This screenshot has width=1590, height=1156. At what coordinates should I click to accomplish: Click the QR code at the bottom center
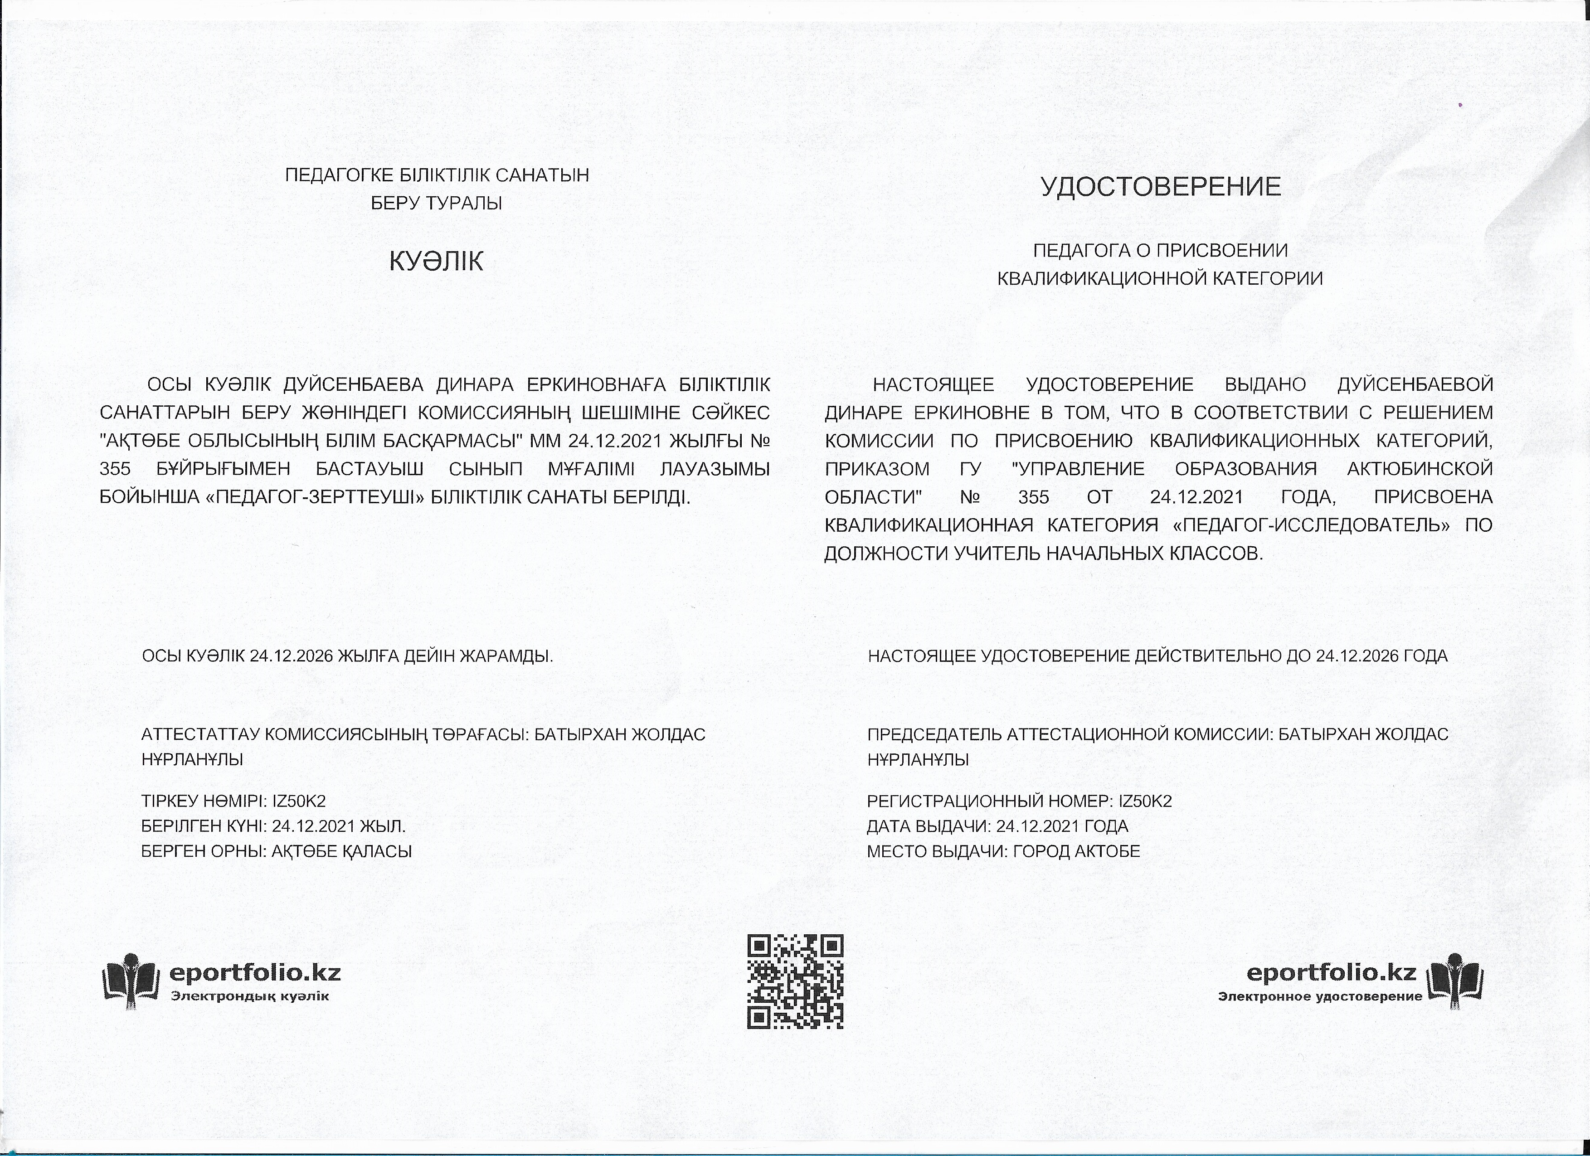pos(795,981)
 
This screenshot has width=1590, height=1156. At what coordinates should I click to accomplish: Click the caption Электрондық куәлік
pos(249,996)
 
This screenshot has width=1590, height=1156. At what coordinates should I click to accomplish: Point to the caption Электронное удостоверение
pos(1320,996)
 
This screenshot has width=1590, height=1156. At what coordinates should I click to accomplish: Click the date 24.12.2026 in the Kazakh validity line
pos(291,656)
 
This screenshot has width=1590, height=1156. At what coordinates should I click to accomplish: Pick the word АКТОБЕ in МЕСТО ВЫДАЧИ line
pos(1111,852)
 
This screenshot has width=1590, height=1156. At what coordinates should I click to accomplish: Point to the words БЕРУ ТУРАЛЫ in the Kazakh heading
pos(436,203)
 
